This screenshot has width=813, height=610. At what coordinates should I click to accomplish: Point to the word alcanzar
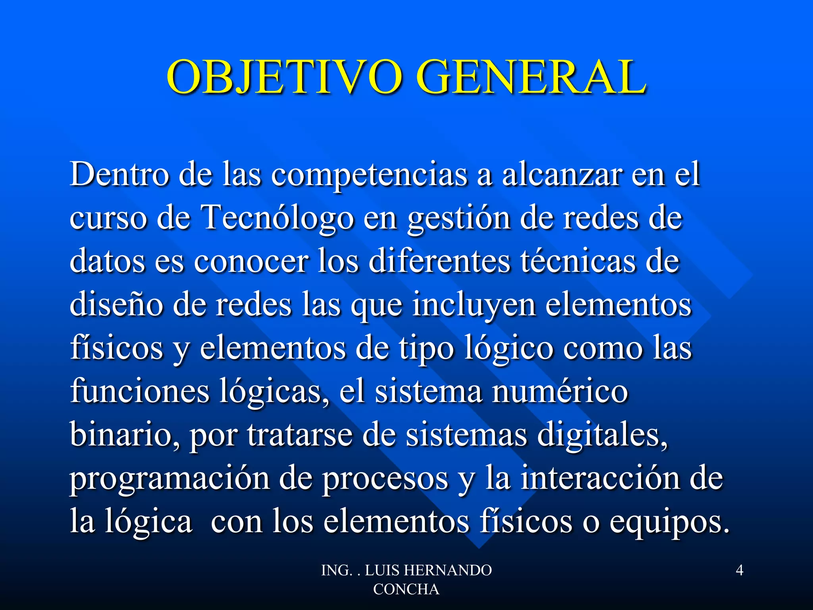coord(562,175)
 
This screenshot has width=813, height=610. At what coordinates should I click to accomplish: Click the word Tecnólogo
coord(278,218)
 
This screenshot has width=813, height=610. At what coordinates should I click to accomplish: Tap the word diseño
coord(116,305)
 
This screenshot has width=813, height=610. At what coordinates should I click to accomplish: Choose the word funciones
coord(140,391)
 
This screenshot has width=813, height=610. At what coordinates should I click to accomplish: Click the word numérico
coord(560,391)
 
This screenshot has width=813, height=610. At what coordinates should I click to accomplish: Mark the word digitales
coord(602,434)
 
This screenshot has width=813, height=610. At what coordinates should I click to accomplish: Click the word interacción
coord(600,478)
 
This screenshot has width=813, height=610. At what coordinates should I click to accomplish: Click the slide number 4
coord(740,570)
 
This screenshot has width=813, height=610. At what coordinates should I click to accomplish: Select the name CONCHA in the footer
coord(406,589)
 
